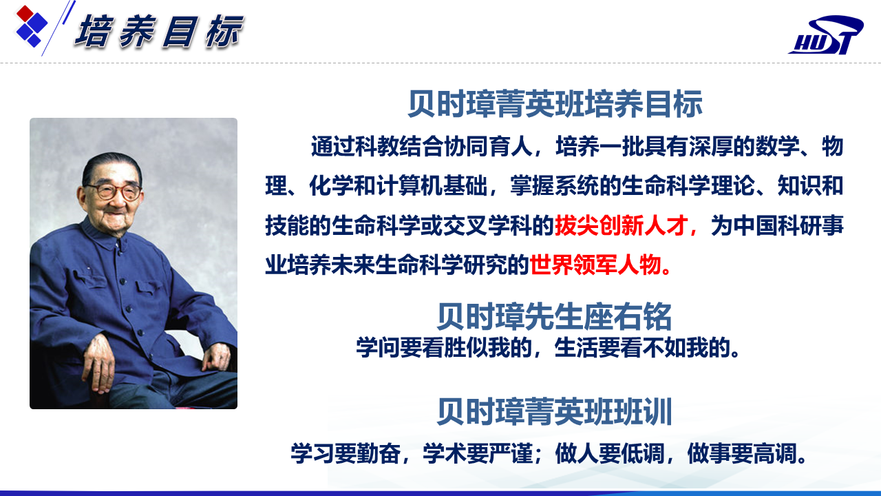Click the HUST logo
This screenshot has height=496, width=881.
point(826,34)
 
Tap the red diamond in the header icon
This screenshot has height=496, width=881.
point(25,13)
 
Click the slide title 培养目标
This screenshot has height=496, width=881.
point(159,32)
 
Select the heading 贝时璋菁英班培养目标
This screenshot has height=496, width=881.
point(555,104)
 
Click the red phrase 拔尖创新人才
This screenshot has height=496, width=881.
point(621,225)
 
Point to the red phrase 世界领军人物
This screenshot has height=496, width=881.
point(595,265)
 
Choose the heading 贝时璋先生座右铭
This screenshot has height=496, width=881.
point(554,316)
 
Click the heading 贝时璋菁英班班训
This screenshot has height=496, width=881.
point(554,412)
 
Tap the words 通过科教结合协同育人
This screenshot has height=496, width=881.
point(421,147)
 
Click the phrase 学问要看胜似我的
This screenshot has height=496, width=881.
point(444,347)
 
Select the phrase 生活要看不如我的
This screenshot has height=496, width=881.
point(642,347)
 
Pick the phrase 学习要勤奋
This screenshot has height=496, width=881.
point(346,453)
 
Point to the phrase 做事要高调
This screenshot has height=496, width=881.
point(742,453)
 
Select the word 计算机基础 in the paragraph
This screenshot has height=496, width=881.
point(432,186)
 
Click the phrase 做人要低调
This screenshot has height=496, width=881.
point(610,453)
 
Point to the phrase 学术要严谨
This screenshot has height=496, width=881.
point(478,453)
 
